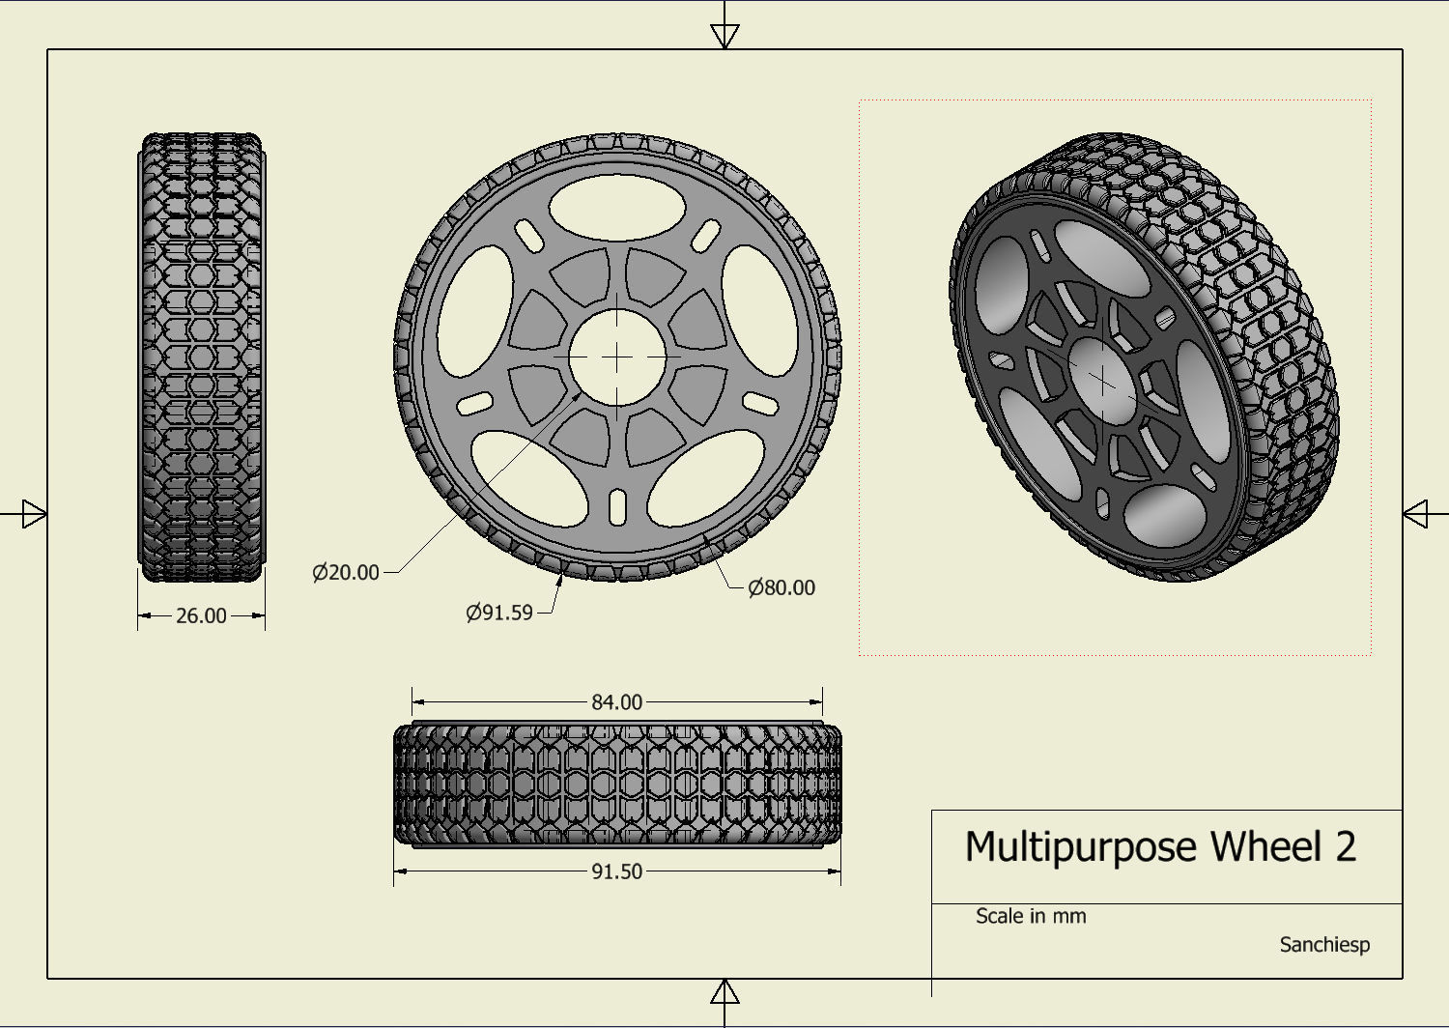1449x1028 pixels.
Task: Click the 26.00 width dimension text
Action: point(201,615)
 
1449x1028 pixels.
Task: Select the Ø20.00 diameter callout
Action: point(346,572)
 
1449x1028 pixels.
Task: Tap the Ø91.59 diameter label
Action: point(499,613)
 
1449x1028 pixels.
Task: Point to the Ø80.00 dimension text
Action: point(781,587)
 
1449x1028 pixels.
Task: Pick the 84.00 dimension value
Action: point(616,702)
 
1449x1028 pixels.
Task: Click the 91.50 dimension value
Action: point(616,871)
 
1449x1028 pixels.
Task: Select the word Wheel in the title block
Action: point(1265,847)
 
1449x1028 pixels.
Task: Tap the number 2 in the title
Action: point(1347,847)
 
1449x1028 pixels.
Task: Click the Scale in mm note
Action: point(1031,916)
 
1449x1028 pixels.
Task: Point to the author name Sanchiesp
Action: point(1324,945)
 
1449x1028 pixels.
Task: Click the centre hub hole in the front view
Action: point(617,357)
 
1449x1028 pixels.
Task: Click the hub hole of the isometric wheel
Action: point(1104,382)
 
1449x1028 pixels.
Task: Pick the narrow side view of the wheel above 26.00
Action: point(201,357)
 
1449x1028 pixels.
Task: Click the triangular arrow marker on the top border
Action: point(724,36)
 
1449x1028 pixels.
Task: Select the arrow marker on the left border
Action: point(34,514)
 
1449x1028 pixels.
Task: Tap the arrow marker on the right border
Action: point(1415,514)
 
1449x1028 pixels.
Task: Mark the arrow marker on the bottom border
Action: point(724,992)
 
